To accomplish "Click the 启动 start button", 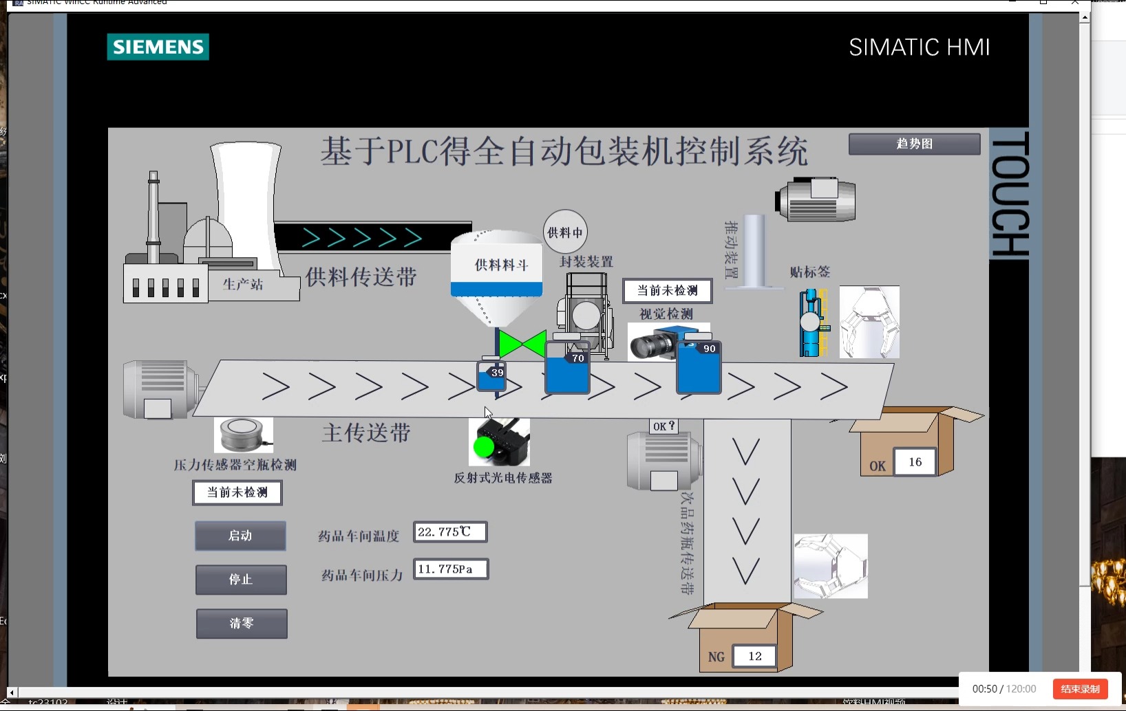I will pyautogui.click(x=240, y=536).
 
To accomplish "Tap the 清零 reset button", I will pyautogui.click(x=242, y=624).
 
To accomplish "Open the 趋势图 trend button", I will pyautogui.click(x=914, y=144).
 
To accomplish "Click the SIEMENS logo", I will pyautogui.click(x=158, y=47).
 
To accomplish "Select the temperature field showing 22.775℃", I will pyautogui.click(x=450, y=532).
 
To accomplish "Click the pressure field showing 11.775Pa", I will pyautogui.click(x=451, y=569).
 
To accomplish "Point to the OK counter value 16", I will pyautogui.click(x=915, y=462).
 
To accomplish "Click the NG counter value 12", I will pyautogui.click(x=754, y=656).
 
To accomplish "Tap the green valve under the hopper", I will pyautogui.click(x=522, y=344).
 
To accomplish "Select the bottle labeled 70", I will pyautogui.click(x=567, y=370).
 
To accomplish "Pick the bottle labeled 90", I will pyautogui.click(x=699, y=368).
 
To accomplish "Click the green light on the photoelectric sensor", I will pyautogui.click(x=484, y=447).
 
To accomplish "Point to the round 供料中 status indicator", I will pyautogui.click(x=565, y=232).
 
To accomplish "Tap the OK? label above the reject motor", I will pyautogui.click(x=664, y=426).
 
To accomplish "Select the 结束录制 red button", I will pyautogui.click(x=1080, y=689).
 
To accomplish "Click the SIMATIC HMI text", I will pyautogui.click(x=919, y=47).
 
